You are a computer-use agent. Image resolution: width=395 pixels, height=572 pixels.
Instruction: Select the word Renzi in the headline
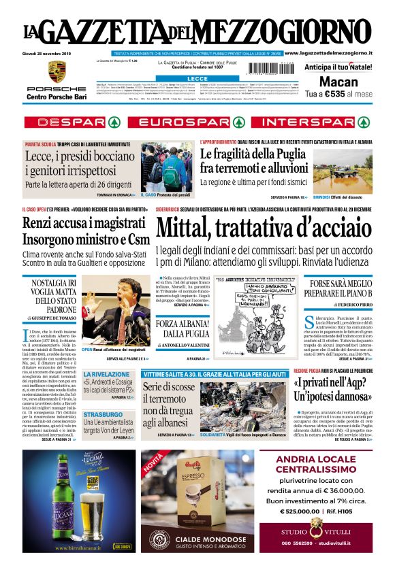42,224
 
